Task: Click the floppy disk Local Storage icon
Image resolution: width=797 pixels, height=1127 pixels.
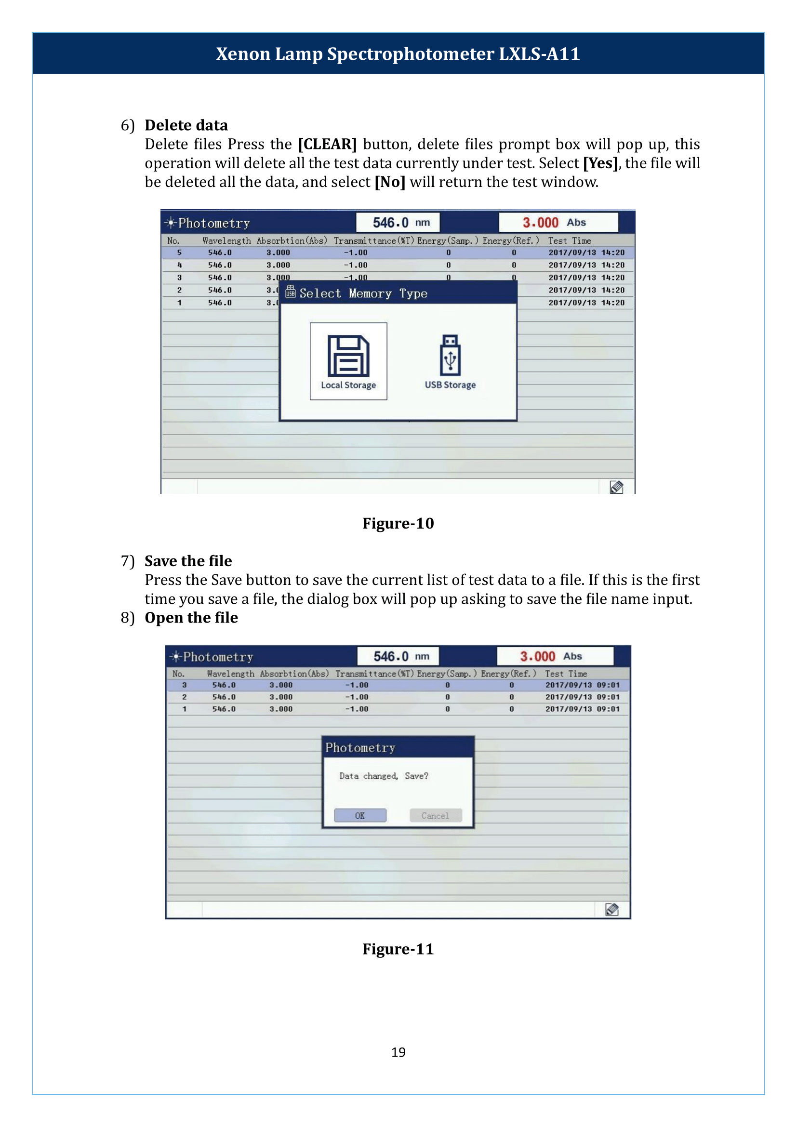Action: (x=348, y=356)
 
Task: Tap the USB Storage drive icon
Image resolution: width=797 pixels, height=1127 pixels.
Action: (x=450, y=355)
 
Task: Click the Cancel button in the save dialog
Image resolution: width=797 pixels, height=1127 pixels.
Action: (x=435, y=815)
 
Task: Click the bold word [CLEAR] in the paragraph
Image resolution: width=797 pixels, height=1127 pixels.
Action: (x=327, y=145)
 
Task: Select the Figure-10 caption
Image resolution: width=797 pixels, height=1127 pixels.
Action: (x=398, y=523)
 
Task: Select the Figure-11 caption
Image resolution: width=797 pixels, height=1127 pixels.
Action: (x=398, y=949)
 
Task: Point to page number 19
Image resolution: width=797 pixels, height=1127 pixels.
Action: (x=398, y=1052)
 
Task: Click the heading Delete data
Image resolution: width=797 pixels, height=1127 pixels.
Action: (x=186, y=125)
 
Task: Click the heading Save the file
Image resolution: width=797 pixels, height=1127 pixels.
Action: (x=188, y=560)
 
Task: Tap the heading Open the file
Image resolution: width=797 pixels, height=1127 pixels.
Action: (x=191, y=618)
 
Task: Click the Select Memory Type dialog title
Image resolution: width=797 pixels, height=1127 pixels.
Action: (x=363, y=293)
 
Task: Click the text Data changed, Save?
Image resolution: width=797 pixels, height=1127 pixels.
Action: (x=383, y=776)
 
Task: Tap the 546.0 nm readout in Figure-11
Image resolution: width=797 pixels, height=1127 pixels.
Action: (x=398, y=656)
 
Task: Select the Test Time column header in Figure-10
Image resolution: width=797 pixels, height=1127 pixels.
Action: (x=569, y=240)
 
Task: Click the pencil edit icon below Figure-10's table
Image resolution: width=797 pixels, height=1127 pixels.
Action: (x=616, y=487)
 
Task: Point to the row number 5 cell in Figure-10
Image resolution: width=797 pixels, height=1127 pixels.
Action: (x=179, y=253)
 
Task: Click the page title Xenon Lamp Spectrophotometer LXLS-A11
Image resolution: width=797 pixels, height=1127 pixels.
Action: (x=398, y=53)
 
